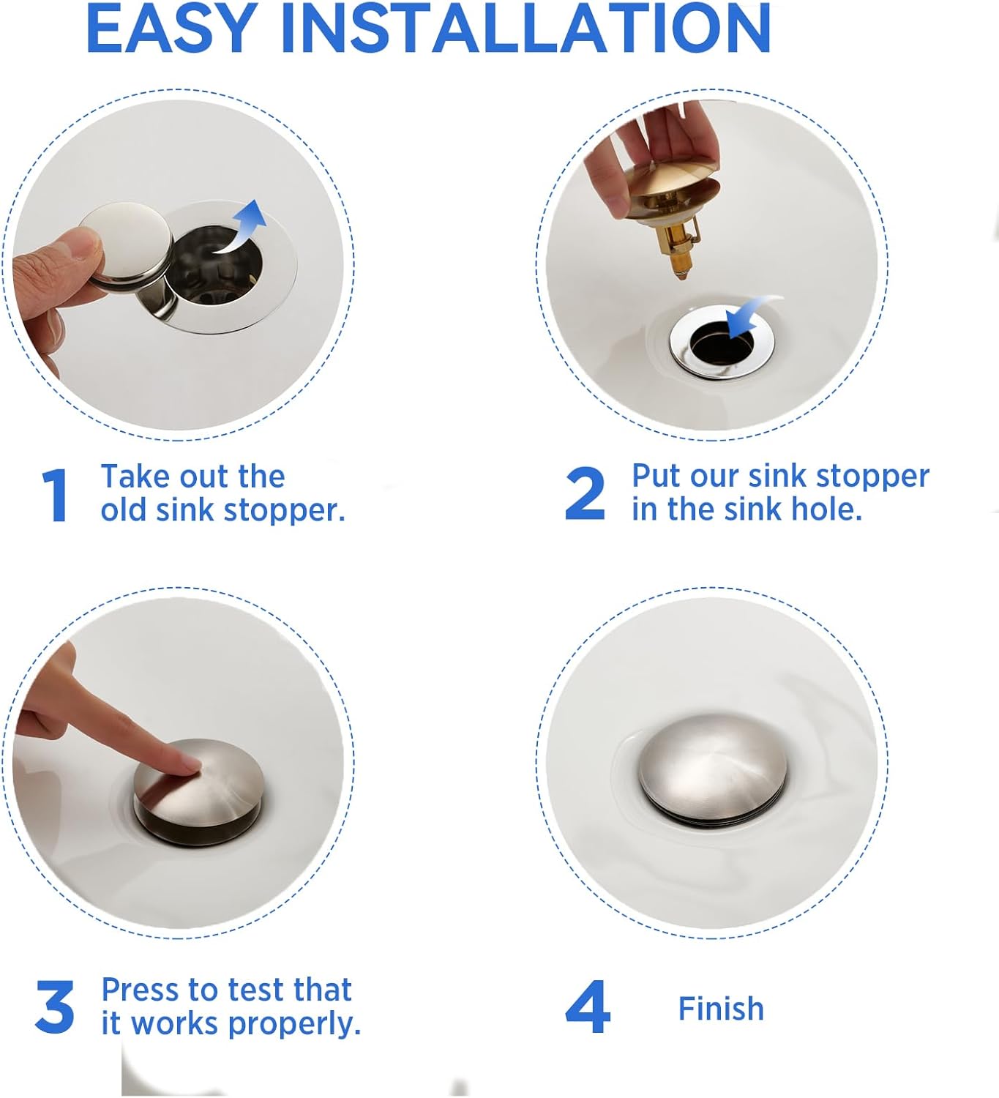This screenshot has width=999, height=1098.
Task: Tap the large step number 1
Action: (56, 496)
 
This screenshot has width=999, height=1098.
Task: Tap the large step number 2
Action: (585, 494)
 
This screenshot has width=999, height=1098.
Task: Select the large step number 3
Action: (55, 1007)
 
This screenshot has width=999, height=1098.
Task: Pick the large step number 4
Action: (587, 1007)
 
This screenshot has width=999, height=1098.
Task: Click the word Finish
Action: (721, 1009)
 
